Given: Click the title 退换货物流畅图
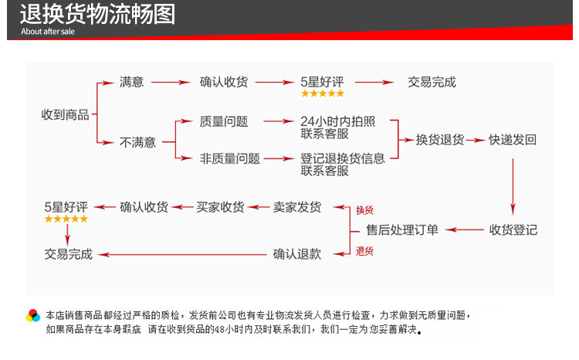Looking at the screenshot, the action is tap(97, 15).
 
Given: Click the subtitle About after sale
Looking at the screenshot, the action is tap(48, 32).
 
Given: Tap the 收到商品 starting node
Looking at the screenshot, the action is tap(65, 114).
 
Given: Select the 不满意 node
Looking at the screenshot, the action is tap(137, 142).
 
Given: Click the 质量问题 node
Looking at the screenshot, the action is tap(224, 121).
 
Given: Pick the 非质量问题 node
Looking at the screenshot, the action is tap(230, 158).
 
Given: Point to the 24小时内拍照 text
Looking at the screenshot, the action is tap(337, 121).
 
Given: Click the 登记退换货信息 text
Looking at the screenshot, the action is tap(343, 158).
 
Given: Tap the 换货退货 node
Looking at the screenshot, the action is tap(440, 140).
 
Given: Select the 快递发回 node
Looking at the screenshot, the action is tap(513, 140).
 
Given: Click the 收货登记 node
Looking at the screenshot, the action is tap(513, 230).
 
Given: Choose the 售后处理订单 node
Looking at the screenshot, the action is tap(402, 230).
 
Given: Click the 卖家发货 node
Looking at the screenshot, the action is tap(297, 207).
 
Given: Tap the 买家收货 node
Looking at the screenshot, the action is tap(220, 207).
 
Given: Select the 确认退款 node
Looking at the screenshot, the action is tap(297, 254).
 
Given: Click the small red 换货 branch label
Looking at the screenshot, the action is tap(364, 210).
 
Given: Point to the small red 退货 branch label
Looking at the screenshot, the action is tap(364, 251).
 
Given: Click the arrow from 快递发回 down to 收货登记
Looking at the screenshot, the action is tap(513, 187).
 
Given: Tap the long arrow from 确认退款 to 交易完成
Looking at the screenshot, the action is tap(182, 254).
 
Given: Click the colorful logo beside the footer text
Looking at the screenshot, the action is tap(33, 316).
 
